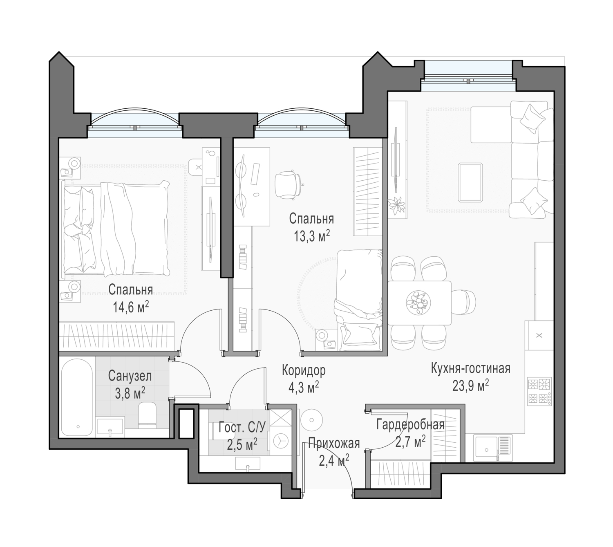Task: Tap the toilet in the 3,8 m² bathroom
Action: pos(147,415)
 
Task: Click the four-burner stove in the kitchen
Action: pos(539,391)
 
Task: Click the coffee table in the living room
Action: pos(470,182)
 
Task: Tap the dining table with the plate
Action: pos(419,303)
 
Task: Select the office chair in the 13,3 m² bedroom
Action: pos(289,185)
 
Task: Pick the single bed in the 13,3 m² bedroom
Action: pos(358,300)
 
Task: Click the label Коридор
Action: pos(304,370)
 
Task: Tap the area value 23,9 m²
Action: pos(470,386)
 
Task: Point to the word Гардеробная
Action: pos(410,425)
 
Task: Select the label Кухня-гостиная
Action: pos(470,368)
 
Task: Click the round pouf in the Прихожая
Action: pos(312,420)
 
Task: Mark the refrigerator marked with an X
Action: pos(539,335)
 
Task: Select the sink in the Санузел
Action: pos(110,427)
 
